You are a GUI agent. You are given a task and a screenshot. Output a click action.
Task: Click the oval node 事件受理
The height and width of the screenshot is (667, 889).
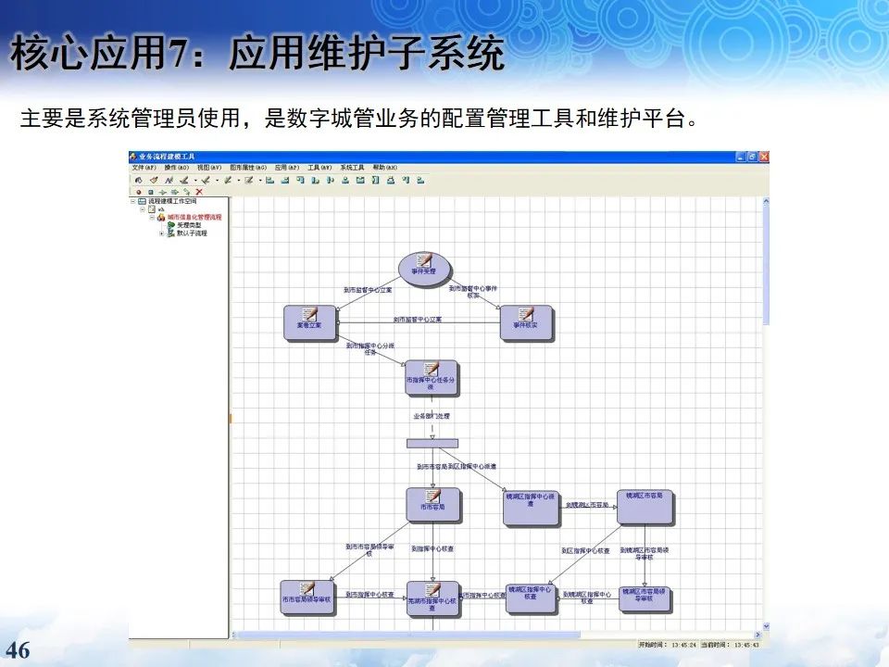(x=424, y=267)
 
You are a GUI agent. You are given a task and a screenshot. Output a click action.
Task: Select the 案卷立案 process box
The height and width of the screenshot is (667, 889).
(x=309, y=321)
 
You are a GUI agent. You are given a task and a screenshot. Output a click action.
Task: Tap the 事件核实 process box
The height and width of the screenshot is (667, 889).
(x=526, y=322)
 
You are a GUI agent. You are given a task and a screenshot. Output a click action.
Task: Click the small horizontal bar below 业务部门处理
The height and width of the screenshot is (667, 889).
(x=432, y=442)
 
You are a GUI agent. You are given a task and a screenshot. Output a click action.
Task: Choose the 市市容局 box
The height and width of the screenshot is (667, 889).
(x=432, y=504)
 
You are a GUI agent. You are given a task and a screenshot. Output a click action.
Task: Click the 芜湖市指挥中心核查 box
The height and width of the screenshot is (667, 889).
(x=432, y=599)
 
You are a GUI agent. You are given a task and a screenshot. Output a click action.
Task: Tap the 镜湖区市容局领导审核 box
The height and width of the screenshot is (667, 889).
(x=645, y=598)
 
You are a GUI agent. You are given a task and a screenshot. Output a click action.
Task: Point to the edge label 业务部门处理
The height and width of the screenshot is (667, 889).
(x=432, y=416)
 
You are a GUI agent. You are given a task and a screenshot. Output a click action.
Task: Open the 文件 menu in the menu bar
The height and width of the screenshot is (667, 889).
(x=144, y=168)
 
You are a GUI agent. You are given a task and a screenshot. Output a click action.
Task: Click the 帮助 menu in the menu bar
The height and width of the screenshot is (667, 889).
(x=384, y=168)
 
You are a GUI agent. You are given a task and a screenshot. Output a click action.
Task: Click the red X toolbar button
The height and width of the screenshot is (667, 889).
(x=199, y=192)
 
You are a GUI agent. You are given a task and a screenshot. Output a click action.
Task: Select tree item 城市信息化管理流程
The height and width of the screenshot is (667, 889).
(x=194, y=218)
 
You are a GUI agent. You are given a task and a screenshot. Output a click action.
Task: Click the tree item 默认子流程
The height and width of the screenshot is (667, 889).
(x=192, y=233)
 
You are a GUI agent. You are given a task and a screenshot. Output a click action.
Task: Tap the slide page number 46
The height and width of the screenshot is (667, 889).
(x=19, y=650)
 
